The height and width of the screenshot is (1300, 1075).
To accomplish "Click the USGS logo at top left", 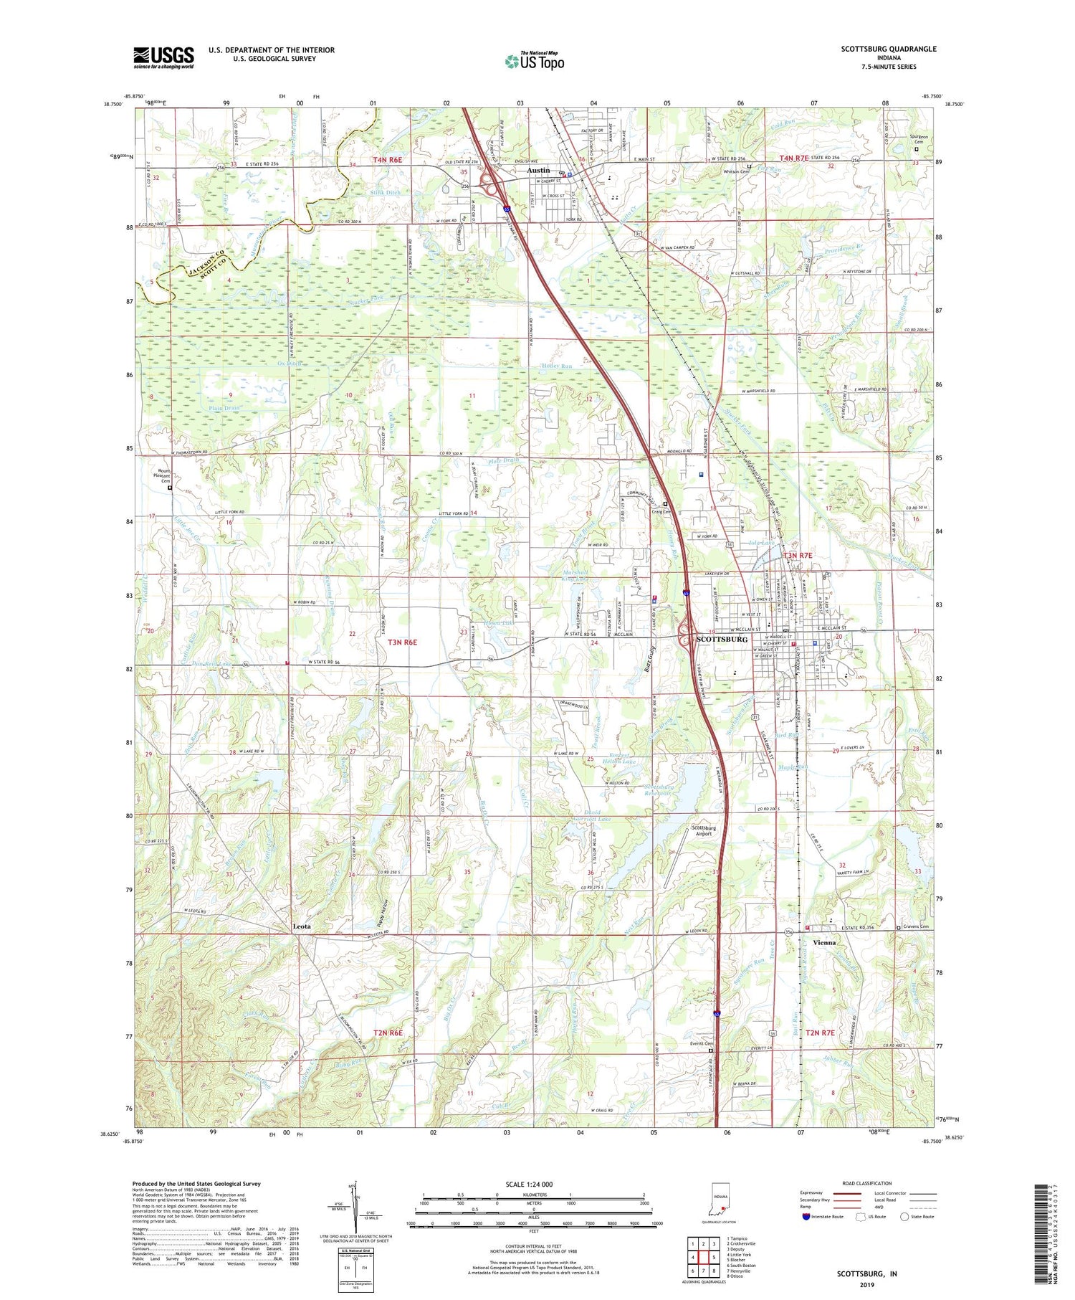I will tap(163, 57).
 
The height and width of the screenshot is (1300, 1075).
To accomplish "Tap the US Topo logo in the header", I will tap(534, 61).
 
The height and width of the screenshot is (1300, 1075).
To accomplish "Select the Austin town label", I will tap(538, 171).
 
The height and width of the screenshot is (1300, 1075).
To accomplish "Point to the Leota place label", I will tap(302, 926).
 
